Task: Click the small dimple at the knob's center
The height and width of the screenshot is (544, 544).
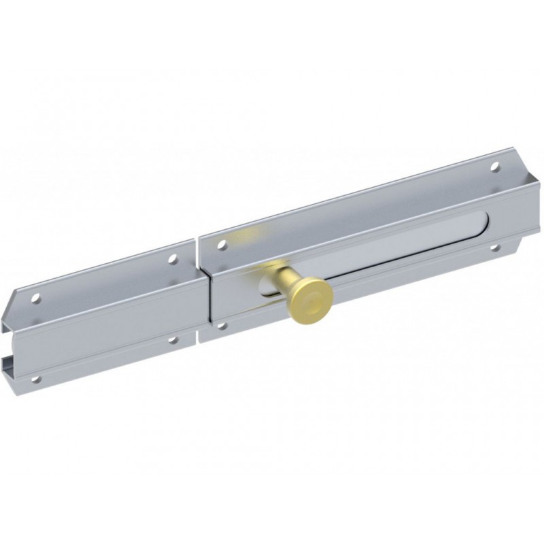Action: pos(311,297)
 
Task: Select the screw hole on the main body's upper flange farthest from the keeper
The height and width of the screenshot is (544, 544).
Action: pos(494,166)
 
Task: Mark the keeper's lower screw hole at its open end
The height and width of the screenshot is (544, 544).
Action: pos(38,379)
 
